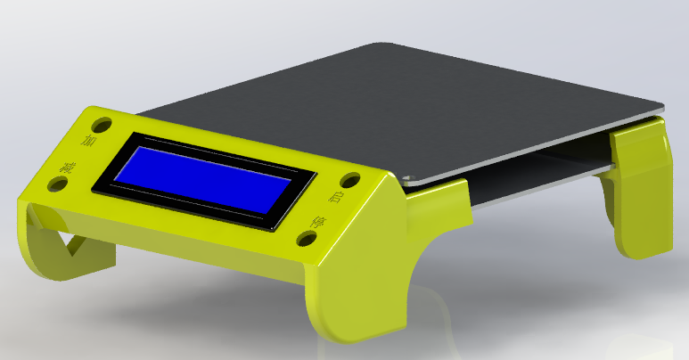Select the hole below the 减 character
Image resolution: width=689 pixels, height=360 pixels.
coord(58,184)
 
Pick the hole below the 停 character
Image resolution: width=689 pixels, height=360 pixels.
coord(306,239)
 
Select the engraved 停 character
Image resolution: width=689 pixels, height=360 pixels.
coord(318,220)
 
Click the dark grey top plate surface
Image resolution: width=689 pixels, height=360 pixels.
coord(401,98)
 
